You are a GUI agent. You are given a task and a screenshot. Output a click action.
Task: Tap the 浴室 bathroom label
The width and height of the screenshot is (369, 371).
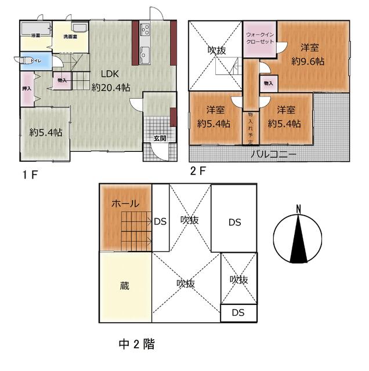click(x=35, y=36)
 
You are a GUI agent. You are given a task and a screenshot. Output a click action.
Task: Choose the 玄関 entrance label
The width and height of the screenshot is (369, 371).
click(x=160, y=138)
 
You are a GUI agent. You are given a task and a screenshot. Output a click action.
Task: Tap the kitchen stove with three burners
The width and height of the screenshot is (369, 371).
click(x=144, y=28)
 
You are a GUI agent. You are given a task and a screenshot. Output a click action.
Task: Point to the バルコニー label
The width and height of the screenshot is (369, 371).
click(x=274, y=155)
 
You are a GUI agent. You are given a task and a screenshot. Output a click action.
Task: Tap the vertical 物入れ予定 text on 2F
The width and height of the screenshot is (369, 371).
click(x=250, y=129)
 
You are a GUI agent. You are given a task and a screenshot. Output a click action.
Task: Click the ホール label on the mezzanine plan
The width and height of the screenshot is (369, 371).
click(x=125, y=203)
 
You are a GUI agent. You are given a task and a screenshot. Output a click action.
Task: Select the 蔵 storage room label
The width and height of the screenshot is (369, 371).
click(x=125, y=286)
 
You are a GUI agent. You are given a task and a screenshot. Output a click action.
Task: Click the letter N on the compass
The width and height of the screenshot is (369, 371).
click(x=298, y=209)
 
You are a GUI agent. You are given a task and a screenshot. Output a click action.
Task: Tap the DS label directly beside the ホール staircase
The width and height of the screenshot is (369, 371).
click(x=160, y=221)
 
